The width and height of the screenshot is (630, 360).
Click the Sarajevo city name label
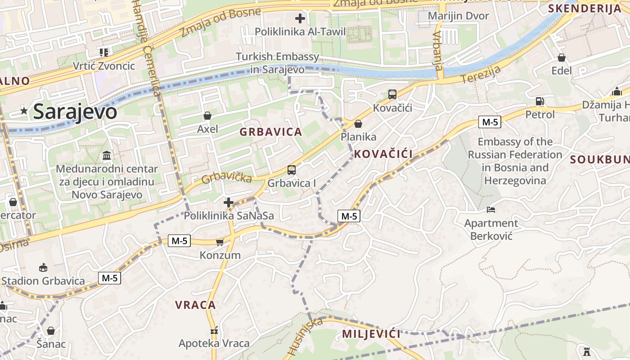(75, 111)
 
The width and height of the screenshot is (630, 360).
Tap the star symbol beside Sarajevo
(24, 111)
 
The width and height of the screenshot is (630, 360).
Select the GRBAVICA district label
(270, 132)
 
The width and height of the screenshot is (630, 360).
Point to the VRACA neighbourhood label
(195, 305)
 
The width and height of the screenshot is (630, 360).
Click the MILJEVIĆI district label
(371, 334)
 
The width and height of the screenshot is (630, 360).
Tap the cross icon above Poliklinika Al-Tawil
(300, 18)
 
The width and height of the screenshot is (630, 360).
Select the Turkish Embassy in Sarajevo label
(278, 63)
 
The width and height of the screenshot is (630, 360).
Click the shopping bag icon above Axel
(207, 116)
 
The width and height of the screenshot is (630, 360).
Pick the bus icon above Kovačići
(392, 94)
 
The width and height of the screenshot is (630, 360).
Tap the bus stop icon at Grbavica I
(292, 170)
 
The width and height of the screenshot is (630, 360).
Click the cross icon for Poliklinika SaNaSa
(229, 203)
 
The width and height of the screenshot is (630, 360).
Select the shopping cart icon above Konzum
(220, 243)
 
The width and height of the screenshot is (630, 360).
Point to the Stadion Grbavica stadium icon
(43, 268)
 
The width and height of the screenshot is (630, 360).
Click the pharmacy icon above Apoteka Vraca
(214, 331)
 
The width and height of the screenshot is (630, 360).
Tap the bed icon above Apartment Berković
(491, 210)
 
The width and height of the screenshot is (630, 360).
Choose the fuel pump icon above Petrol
(540, 101)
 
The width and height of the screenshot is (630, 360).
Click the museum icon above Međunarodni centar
(107, 156)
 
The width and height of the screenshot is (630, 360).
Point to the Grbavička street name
(226, 177)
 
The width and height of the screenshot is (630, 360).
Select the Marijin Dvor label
(458, 16)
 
